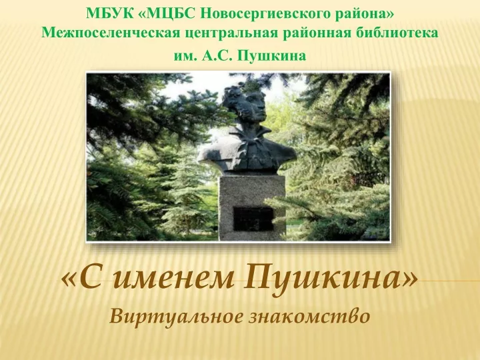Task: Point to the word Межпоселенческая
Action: [111, 33]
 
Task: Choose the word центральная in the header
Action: [233, 33]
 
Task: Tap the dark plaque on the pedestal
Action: [253, 219]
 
